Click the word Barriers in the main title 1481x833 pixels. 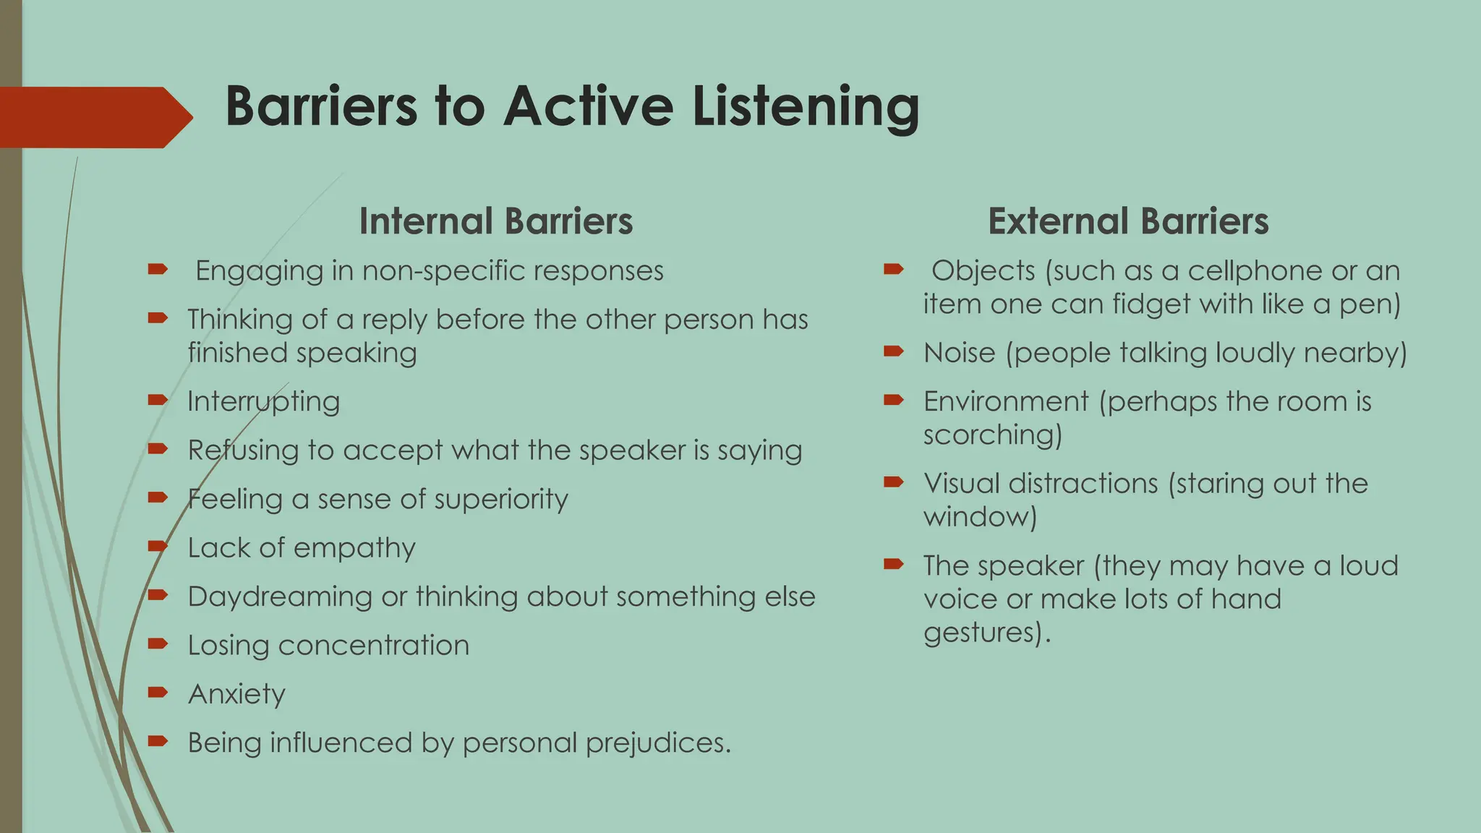point(321,106)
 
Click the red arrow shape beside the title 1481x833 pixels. point(94,117)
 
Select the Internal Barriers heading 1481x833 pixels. point(496,221)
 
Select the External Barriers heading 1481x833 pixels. point(1128,221)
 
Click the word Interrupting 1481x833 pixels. point(263,401)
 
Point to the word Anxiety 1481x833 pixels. point(236,694)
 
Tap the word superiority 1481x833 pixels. point(501,499)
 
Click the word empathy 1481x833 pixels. point(354,548)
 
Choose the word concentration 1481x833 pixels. point(374,645)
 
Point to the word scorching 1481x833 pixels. point(992,435)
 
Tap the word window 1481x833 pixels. point(980,517)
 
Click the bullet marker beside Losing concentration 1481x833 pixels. point(158,644)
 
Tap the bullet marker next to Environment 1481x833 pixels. point(894,399)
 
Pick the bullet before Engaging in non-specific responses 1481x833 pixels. point(158,270)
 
